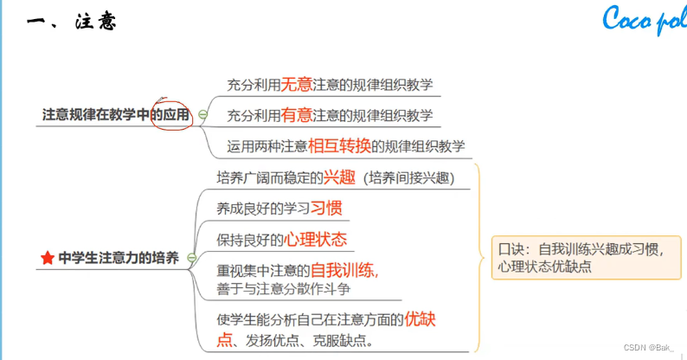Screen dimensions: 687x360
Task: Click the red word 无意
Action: click(297, 85)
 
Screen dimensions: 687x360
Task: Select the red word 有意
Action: click(297, 114)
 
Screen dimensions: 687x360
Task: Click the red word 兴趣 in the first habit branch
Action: click(339, 179)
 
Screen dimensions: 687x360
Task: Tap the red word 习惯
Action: click(327, 209)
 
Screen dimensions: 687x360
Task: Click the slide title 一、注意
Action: click(72, 22)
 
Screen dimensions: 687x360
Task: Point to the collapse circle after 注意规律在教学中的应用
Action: click(203, 114)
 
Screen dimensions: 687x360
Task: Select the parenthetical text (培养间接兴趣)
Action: click(410, 179)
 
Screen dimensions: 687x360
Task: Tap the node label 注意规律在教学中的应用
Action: click(116, 114)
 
